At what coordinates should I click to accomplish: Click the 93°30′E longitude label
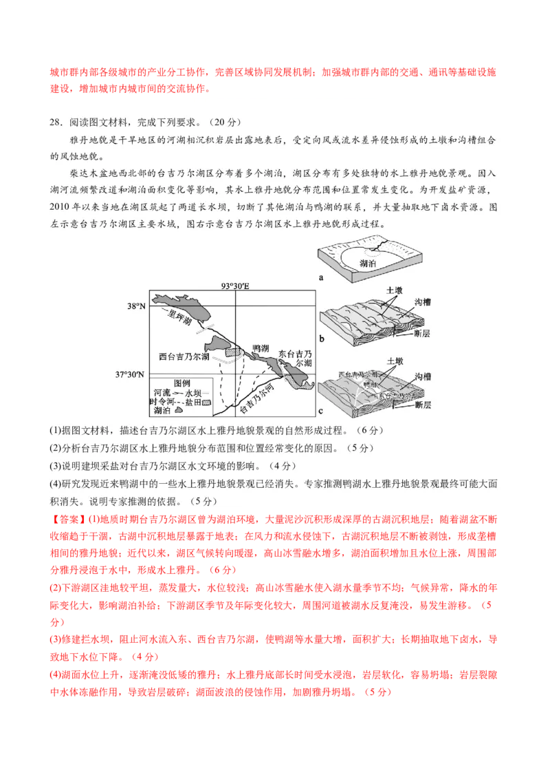(234, 286)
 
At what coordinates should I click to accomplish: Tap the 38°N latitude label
(135, 306)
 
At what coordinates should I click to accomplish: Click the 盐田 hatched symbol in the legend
(204, 401)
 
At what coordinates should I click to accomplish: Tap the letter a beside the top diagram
(321, 277)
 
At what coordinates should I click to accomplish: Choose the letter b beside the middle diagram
(321, 339)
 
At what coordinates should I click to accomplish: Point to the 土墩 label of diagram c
(395, 361)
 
